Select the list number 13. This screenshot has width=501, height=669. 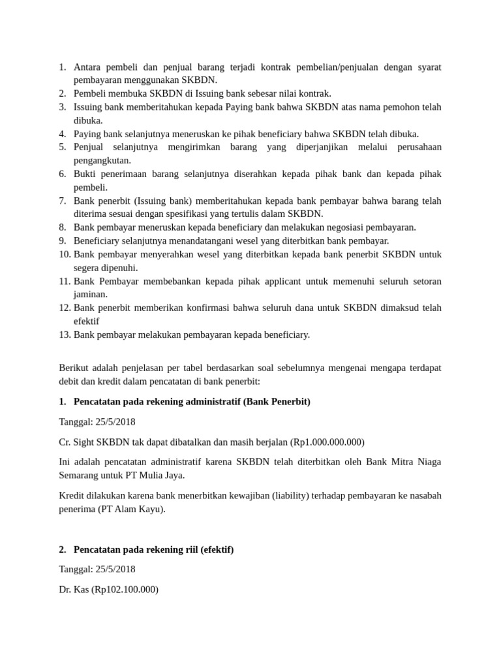65,334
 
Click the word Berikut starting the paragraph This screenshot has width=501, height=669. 73,368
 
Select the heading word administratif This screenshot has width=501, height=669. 210,401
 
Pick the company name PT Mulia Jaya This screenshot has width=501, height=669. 155,475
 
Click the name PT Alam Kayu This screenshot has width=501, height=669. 132,509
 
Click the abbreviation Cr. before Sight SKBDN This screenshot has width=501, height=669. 65,442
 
